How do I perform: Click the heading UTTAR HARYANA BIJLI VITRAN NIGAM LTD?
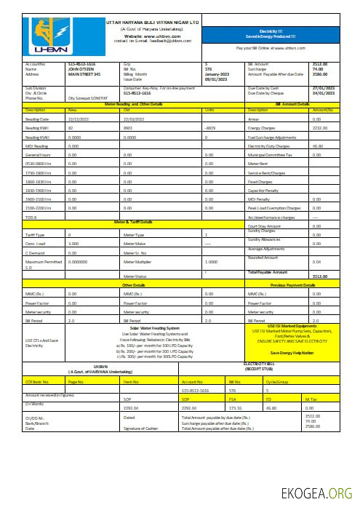pos(153,23)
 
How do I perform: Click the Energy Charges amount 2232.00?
pos(319,127)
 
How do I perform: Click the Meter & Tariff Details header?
pos(133,220)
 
